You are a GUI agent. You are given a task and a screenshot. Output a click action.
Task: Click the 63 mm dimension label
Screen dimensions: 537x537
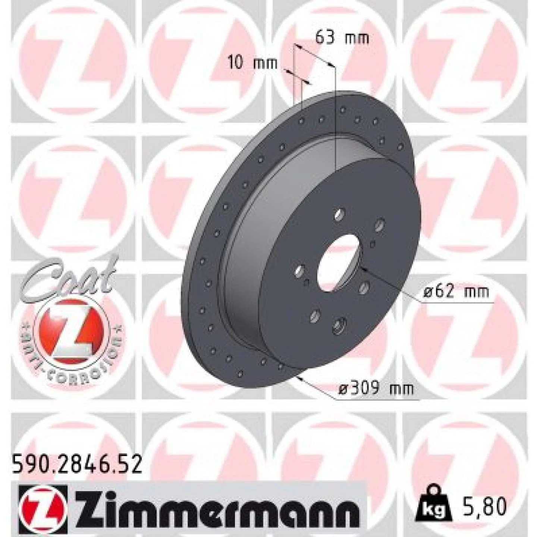[342, 38]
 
